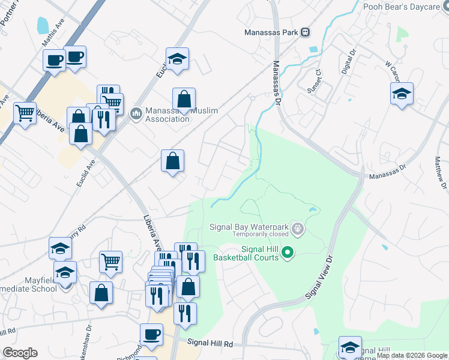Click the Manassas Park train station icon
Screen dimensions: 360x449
pyautogui.click(x=306, y=32)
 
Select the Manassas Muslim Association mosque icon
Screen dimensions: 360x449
pyautogui.click(x=136, y=112)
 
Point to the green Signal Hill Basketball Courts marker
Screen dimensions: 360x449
pyautogui.click(x=288, y=253)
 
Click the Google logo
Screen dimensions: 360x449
pyautogui.click(x=20, y=353)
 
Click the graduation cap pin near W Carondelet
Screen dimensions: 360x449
pyautogui.click(x=402, y=94)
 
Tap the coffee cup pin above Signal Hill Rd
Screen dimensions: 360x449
pyautogui.click(x=151, y=335)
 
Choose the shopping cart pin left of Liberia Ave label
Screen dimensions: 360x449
pyautogui.click(x=25, y=112)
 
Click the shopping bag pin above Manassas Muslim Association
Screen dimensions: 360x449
pyautogui.click(x=184, y=100)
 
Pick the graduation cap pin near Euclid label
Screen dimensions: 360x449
pyautogui.click(x=177, y=59)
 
